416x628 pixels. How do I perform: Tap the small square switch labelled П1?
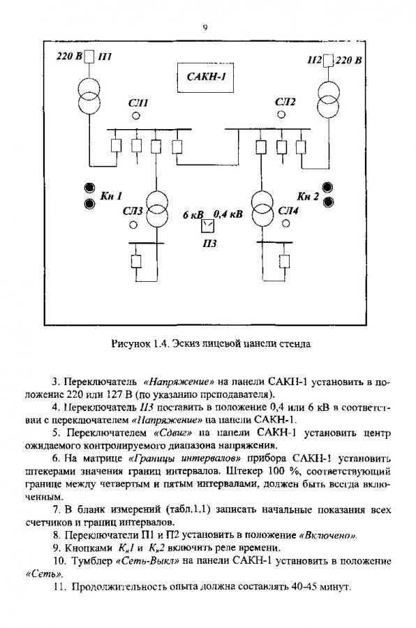(90, 56)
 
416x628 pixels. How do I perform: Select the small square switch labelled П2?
(328, 61)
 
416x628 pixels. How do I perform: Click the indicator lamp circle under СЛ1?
(136, 116)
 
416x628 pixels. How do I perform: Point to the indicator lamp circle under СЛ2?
(281, 114)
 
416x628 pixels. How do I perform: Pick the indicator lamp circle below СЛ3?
(132, 225)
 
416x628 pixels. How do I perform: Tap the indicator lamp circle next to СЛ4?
(285, 223)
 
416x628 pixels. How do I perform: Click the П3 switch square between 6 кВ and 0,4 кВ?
(207, 226)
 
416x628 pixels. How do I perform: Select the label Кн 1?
(110, 196)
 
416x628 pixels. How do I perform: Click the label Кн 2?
(308, 196)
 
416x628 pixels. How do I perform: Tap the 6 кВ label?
(193, 215)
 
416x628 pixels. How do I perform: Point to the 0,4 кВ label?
(228, 214)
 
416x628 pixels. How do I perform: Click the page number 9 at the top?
(205, 28)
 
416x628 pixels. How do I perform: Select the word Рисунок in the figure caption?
(128, 343)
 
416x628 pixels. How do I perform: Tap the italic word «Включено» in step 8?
(328, 535)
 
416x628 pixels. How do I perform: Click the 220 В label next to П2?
(348, 61)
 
